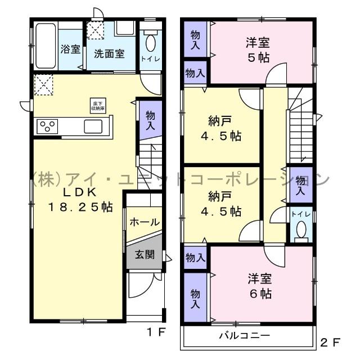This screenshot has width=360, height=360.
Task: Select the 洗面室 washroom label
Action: (x=109, y=55)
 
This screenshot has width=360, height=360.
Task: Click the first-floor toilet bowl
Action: (x=151, y=42)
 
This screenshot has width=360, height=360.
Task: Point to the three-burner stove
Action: (x=46, y=125)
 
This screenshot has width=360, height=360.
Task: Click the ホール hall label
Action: (x=145, y=223)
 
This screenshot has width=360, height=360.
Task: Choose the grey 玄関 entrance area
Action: (x=145, y=254)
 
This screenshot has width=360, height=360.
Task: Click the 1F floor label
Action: (x=156, y=332)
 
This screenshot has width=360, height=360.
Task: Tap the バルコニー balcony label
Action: (x=244, y=336)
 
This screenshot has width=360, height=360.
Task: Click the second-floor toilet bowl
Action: (x=301, y=229)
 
